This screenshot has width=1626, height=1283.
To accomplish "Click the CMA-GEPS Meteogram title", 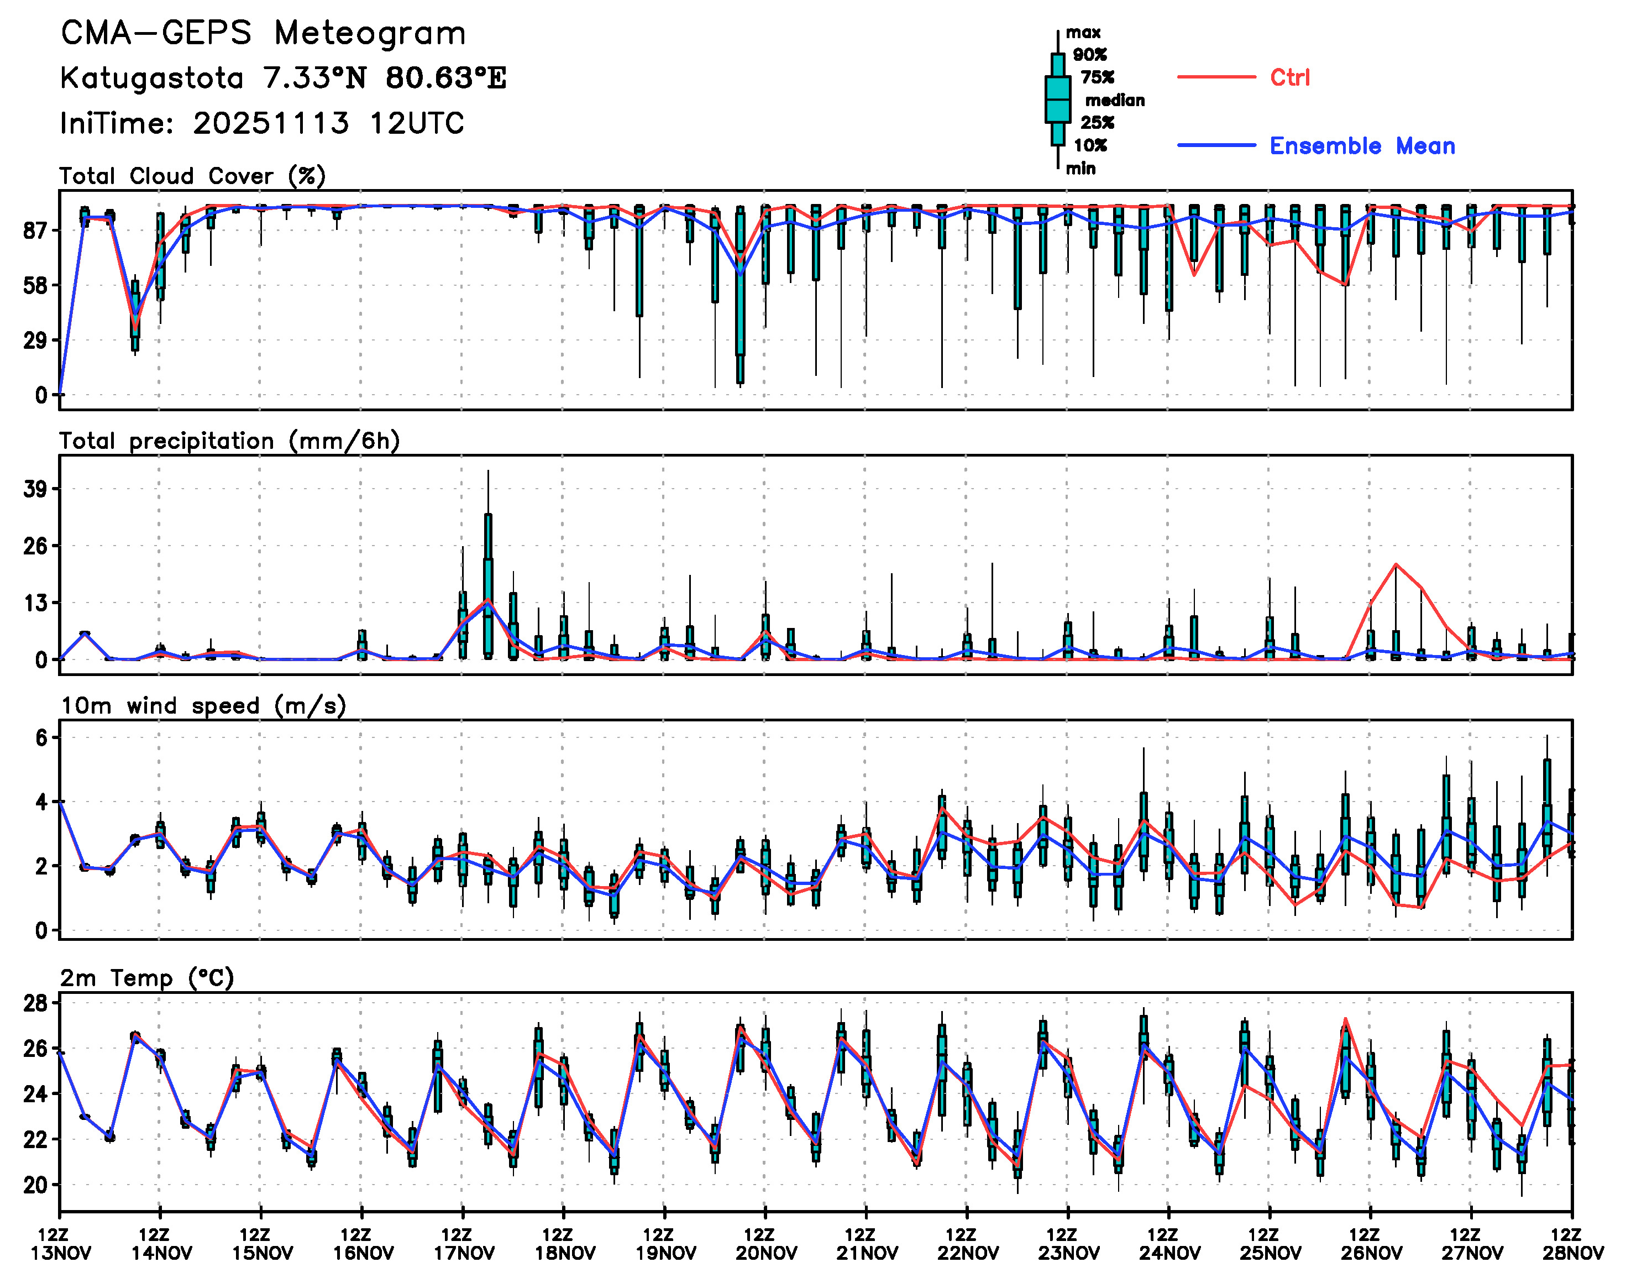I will [x=263, y=34].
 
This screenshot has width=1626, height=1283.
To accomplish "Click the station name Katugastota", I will [x=151, y=78].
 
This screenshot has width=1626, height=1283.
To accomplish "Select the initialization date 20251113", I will [x=270, y=123].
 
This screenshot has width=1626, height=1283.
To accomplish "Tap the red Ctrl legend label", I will [x=1289, y=77].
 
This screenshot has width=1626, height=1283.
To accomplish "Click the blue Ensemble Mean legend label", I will [x=1362, y=146].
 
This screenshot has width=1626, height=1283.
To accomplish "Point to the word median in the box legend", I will [x=1115, y=100].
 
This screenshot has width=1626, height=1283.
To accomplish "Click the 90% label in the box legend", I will [x=1089, y=55].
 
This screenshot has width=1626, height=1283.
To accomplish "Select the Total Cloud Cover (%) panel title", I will [x=192, y=176].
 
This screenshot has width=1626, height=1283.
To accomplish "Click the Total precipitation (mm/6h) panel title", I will [x=229, y=441].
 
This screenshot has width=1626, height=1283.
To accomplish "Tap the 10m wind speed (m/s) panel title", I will [x=203, y=706].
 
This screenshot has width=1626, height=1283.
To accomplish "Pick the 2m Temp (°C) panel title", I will [x=147, y=978].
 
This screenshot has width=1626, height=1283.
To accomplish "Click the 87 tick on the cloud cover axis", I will [x=35, y=230].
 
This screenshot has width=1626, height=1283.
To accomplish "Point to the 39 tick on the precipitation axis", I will [x=35, y=490].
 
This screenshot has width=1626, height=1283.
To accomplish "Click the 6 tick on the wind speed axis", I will [x=41, y=737].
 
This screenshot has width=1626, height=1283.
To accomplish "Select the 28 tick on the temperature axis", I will [x=35, y=1003].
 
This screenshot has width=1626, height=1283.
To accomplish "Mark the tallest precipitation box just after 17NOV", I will [x=488, y=586].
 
